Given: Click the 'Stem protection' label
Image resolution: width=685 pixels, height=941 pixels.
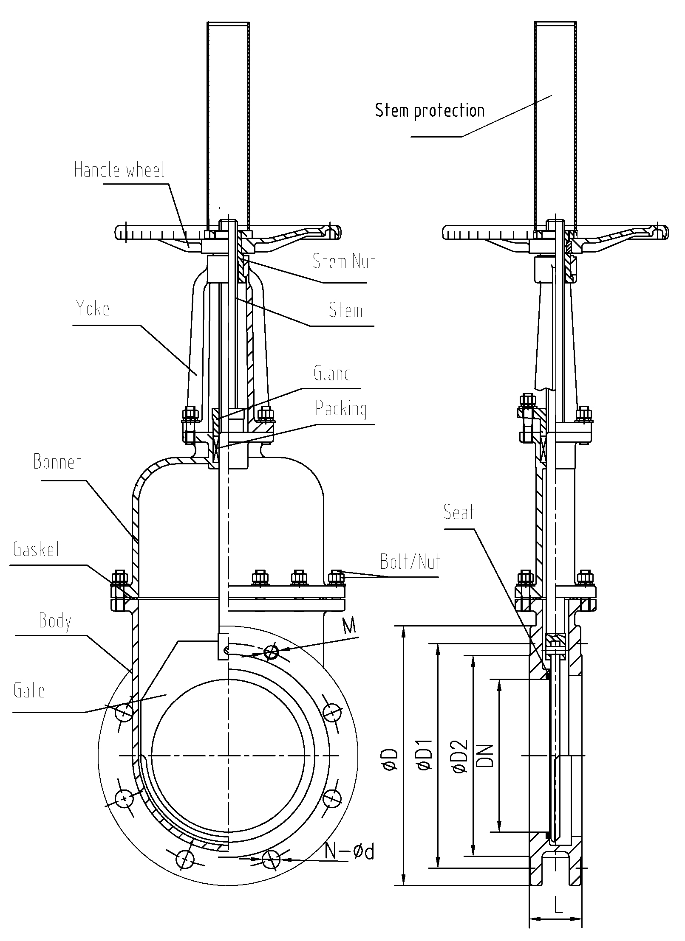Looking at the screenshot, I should click(430, 111).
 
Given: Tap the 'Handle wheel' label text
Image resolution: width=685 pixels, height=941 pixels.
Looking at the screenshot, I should click(119, 170).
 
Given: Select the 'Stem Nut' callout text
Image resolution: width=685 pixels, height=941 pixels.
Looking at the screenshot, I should click(344, 261).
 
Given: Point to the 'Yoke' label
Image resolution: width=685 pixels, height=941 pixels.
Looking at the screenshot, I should click(93, 309).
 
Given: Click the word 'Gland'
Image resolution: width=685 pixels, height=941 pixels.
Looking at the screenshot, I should click(332, 374).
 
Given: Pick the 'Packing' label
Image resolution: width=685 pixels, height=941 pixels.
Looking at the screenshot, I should click(341, 409).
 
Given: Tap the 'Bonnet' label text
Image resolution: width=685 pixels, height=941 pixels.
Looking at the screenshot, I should click(57, 462).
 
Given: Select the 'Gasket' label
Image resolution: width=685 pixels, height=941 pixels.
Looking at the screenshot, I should click(37, 549).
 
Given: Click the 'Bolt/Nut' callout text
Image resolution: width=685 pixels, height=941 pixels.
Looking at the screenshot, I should click(410, 562).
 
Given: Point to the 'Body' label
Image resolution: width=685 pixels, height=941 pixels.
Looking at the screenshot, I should click(55, 621).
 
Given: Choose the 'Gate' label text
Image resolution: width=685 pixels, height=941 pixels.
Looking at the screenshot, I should click(29, 690).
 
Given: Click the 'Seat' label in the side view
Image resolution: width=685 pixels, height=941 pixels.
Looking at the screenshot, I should click(459, 512).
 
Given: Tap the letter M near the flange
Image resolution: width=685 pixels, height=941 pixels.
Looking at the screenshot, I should click(349, 626).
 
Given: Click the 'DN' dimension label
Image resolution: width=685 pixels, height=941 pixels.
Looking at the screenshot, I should click(485, 756).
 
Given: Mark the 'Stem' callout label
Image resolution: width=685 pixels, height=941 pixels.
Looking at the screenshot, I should click(345, 310).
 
